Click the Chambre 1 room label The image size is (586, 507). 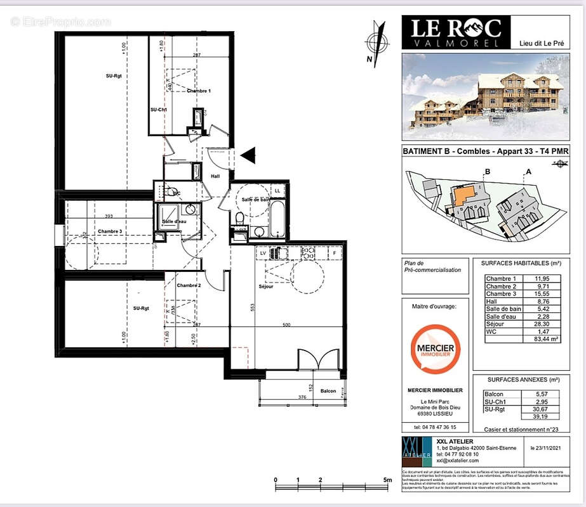[199, 91]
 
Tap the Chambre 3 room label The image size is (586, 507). [110, 232]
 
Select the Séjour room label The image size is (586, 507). [266, 286]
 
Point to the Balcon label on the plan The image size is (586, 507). [328, 391]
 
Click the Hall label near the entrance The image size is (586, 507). [215, 176]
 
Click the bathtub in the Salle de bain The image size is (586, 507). [278, 219]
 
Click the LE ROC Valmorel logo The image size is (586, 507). [455, 32]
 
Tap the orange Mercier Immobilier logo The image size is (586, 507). [435, 349]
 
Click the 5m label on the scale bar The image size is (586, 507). [387, 480]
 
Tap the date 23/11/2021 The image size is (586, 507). [550, 447]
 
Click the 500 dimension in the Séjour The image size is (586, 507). [286, 324]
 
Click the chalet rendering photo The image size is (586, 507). [486, 96]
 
